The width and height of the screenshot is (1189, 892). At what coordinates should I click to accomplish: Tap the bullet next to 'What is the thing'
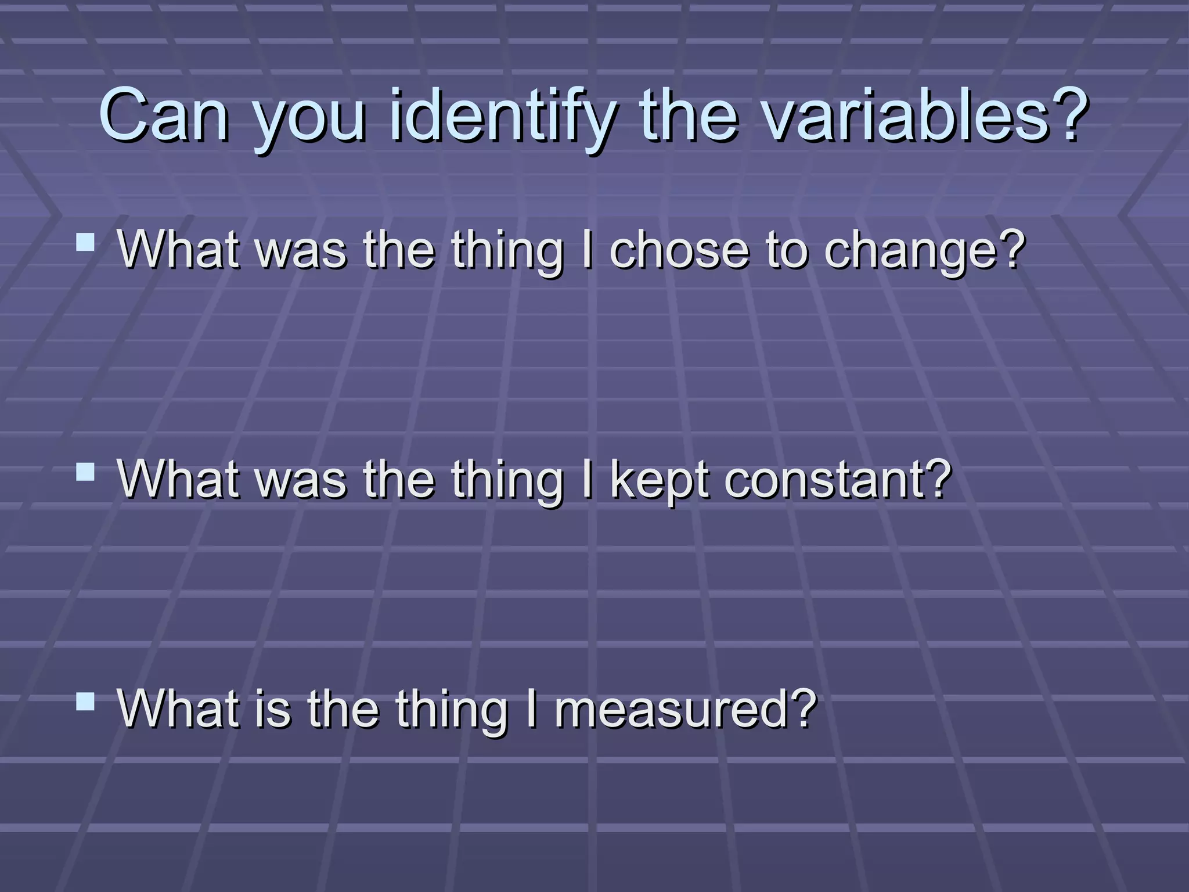pos(85,701)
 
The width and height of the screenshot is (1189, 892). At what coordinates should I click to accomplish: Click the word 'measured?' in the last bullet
pos(686,710)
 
